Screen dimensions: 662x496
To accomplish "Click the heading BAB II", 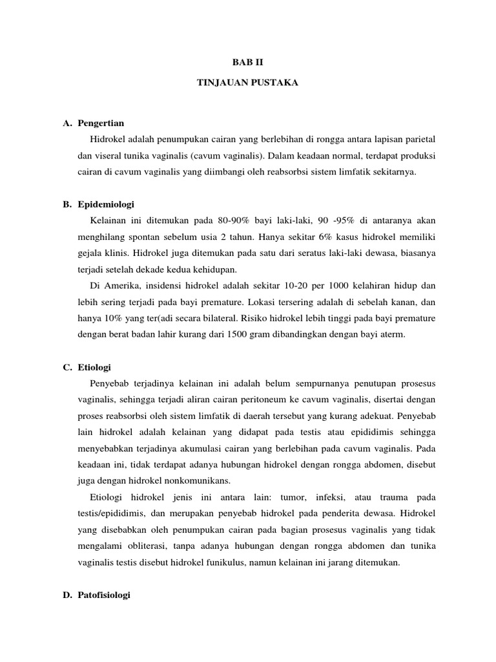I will pos(248,63).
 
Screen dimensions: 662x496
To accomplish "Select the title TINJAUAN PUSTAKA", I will pos(247,84).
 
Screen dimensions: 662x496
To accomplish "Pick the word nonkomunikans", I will pos(185,481).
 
